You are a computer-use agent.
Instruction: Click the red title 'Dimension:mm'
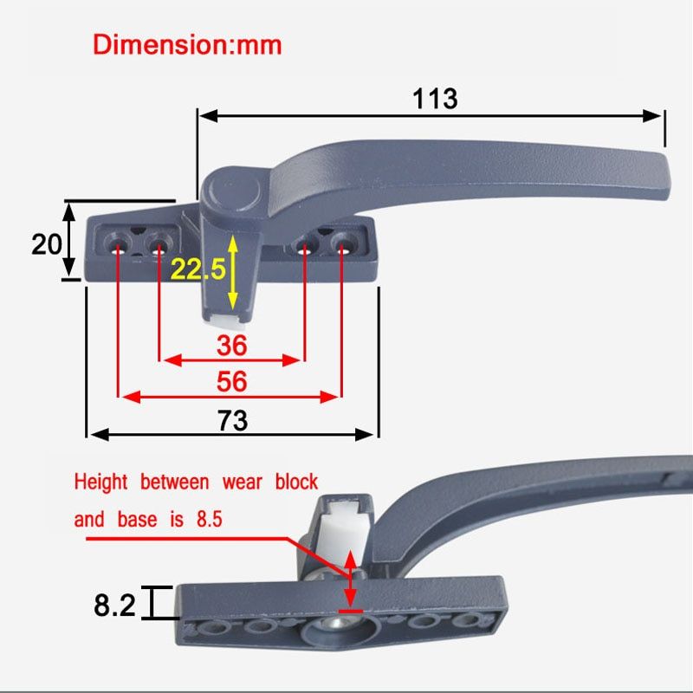(x=187, y=45)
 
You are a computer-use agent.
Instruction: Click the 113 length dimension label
(x=435, y=99)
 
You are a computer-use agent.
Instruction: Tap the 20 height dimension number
(x=47, y=244)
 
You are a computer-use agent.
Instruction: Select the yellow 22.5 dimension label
(x=198, y=269)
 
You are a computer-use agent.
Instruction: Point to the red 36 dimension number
(x=231, y=345)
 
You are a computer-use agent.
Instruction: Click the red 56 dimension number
(x=231, y=381)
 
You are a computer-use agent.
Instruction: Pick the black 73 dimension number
(x=232, y=420)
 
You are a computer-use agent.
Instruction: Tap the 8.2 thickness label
(x=114, y=605)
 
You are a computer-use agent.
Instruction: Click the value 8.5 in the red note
(x=210, y=519)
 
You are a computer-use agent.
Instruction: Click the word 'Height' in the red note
(x=100, y=482)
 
